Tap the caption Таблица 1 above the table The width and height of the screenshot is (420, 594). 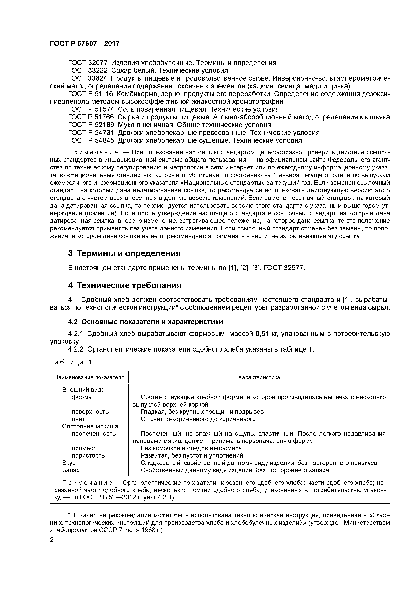pos(71,362)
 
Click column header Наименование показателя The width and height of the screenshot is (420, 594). pos(89,377)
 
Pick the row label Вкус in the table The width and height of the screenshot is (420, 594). pos(69,463)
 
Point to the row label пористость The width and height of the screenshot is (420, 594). pos(88,456)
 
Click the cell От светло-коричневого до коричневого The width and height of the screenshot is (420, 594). pos(198,419)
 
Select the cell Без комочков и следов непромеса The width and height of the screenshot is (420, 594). pos(191,448)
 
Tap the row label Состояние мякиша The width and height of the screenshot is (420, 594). pos(90,426)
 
